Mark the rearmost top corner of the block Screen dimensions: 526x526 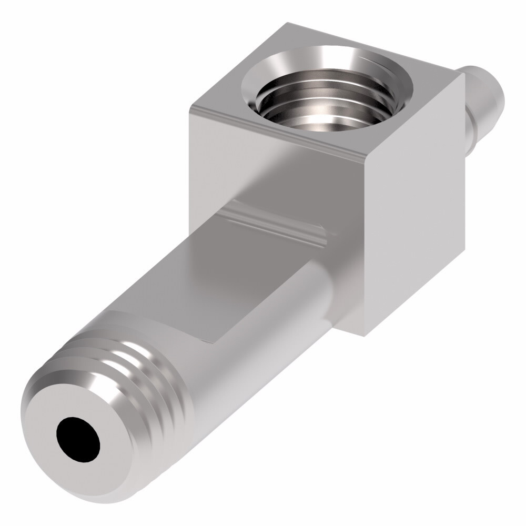pyautogui.click(x=288, y=24)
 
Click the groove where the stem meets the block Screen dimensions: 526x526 pyautogui.click(x=274, y=224)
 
